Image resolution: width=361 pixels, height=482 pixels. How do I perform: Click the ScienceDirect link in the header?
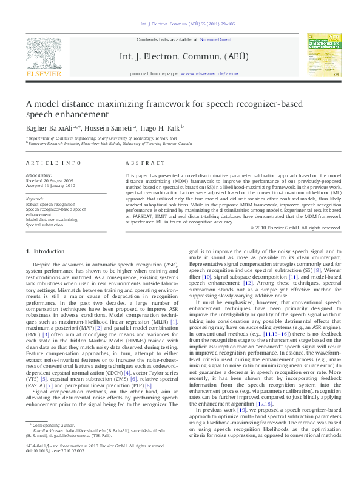pos(216,39)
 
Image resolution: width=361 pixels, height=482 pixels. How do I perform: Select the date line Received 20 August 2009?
pos(52,180)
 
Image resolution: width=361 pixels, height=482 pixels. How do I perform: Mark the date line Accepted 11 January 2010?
pos(52,185)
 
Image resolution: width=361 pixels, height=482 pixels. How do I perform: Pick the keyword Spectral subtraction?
pos(46,225)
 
